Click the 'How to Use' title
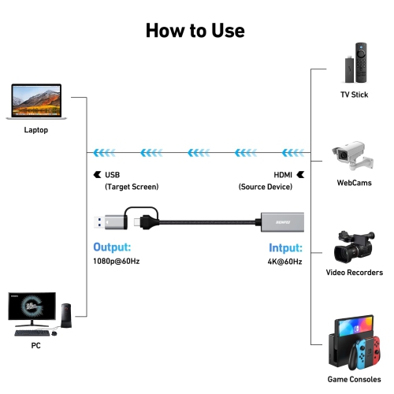coord(195,30)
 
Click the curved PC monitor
coord(32,308)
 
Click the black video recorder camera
coord(353,246)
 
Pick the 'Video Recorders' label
coord(355,273)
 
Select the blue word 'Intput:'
coord(284,247)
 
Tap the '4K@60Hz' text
coord(284,261)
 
